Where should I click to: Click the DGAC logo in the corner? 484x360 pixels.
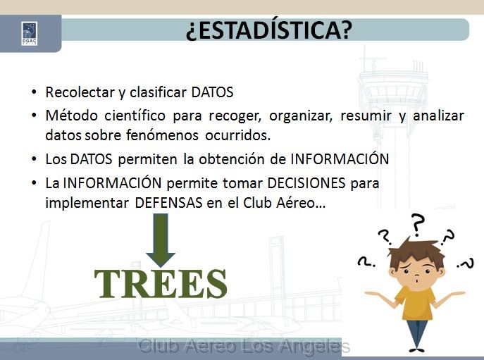pos(30,34)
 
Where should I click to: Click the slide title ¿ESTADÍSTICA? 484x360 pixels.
pos(269,30)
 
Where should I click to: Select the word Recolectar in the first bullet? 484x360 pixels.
pos(80,92)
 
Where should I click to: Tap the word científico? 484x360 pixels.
pos(135,116)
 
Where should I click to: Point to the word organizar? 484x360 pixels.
pos(301,116)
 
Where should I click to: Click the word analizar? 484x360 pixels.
pos(438,116)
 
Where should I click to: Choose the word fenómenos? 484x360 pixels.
pos(162,135)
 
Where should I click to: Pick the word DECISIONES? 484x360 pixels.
pos(306,183)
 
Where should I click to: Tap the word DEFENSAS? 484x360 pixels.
pos(168,203)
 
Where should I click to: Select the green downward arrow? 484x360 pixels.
pos(161,240)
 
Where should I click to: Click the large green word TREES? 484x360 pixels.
pos(161,283)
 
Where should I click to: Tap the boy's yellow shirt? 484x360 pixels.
pos(414,303)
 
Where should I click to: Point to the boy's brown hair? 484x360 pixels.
pos(414,252)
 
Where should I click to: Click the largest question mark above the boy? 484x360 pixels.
pos(417,225)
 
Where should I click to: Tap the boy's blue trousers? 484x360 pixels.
pos(416,334)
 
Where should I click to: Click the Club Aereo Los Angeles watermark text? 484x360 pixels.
pos(244,346)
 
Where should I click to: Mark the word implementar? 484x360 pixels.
pos(87,203)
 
